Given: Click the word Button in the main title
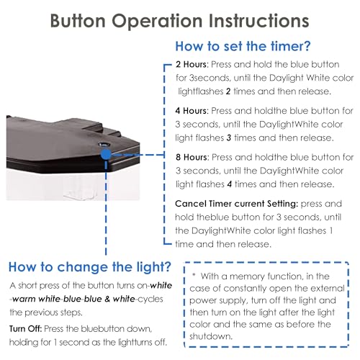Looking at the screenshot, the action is click(78, 21).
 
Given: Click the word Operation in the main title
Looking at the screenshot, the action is click(157, 21).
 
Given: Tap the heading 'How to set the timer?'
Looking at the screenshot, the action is click(243, 46).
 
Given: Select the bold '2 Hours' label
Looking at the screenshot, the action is click(192, 64).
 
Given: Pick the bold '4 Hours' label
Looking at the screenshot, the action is click(192, 111).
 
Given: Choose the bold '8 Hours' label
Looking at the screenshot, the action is click(192, 157).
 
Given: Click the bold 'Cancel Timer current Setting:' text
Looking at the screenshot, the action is click(237, 204).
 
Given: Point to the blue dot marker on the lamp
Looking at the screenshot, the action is click(106, 155).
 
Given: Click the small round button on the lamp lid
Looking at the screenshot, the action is click(104, 145).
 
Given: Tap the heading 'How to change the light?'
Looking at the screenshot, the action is click(90, 267).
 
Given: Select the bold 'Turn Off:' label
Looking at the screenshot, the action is click(26, 328).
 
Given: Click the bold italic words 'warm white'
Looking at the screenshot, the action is click(36, 299).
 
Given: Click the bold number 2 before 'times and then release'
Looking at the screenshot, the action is click(228, 91).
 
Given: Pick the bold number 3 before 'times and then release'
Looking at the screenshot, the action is click(229, 138).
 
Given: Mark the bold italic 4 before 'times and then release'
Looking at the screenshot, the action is click(230, 184).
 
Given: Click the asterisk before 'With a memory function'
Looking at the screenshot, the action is click(194, 274).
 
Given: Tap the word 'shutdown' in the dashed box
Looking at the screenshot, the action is click(210, 336).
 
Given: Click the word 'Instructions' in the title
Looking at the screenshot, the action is click(258, 21).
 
